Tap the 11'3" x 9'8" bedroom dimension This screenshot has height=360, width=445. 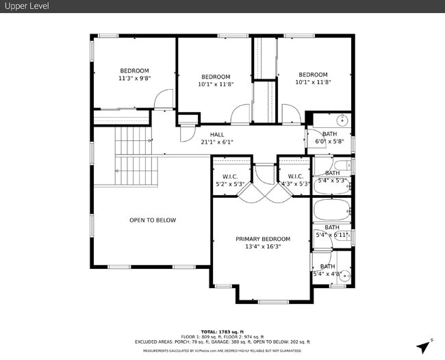pyautogui.click(x=134, y=79)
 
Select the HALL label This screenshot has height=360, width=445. pyautogui.click(x=217, y=134)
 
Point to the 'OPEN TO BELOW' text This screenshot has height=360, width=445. pyautogui.click(x=153, y=220)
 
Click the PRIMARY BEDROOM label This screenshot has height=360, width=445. pyautogui.click(x=263, y=239)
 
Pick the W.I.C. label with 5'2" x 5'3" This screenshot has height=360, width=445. pyautogui.click(x=229, y=176)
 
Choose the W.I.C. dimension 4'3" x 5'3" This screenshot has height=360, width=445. pyautogui.click(x=296, y=183)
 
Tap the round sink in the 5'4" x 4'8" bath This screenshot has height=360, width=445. pyautogui.click(x=345, y=277)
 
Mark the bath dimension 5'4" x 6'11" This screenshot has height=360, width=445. pyautogui.click(x=332, y=235)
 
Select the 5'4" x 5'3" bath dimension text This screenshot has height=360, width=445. pyautogui.click(x=332, y=181)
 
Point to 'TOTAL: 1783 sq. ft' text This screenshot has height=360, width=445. pyautogui.click(x=222, y=331)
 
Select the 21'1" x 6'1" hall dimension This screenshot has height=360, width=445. pyautogui.click(x=217, y=142)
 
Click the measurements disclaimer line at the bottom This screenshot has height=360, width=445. pyautogui.click(x=222, y=351)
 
